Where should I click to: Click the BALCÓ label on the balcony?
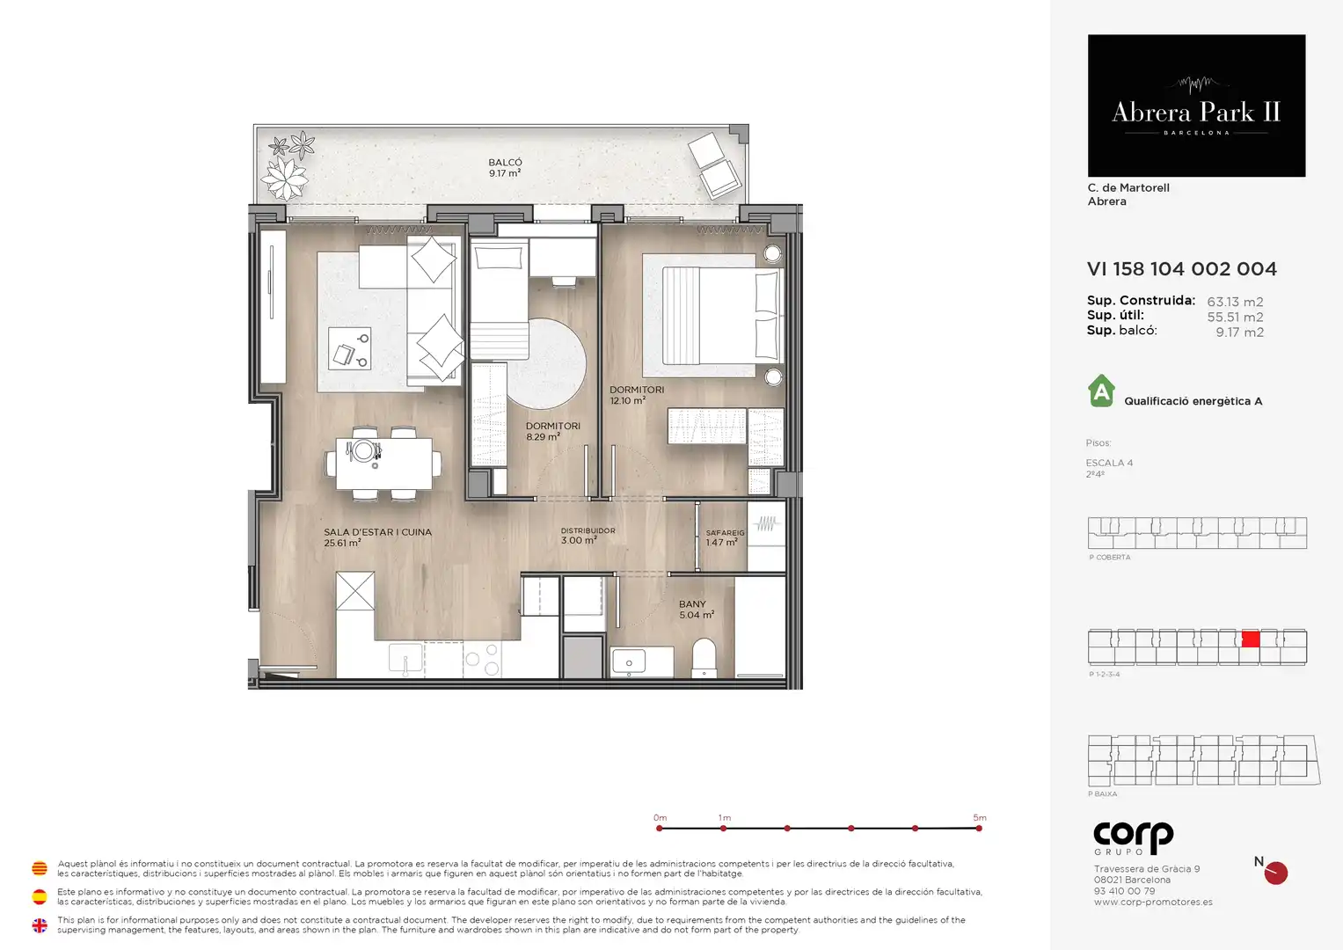click(x=505, y=163)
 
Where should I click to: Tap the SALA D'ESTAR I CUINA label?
click(x=377, y=532)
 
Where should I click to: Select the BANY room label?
click(x=692, y=604)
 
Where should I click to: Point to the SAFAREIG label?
click(x=725, y=532)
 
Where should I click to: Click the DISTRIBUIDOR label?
click(x=588, y=530)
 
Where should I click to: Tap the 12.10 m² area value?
click(x=628, y=400)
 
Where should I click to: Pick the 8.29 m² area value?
click(x=544, y=436)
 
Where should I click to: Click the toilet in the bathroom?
click(x=704, y=658)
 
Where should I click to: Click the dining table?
click(x=383, y=464)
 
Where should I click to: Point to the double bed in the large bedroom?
click(x=713, y=316)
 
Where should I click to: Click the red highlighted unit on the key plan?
click(x=1250, y=639)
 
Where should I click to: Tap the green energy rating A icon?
click(x=1101, y=391)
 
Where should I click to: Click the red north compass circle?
click(x=1276, y=873)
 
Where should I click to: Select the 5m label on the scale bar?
click(x=980, y=817)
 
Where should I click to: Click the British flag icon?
click(x=40, y=925)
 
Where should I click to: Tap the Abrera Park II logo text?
click(x=1196, y=113)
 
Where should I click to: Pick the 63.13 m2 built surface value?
click(x=1235, y=302)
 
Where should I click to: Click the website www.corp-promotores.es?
click(x=1153, y=902)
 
